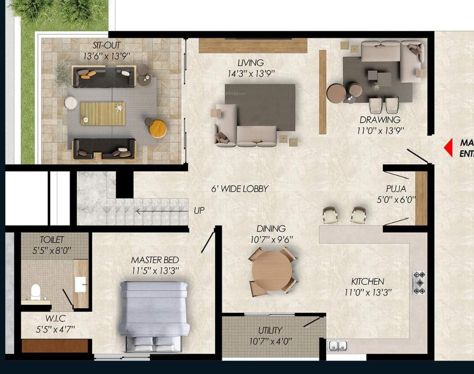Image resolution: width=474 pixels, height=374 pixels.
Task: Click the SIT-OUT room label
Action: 106,45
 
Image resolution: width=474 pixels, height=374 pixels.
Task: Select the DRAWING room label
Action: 380,120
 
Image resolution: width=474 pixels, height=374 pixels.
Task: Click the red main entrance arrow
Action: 448,148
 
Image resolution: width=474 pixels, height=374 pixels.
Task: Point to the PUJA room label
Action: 396,188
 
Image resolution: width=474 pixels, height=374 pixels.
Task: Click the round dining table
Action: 272,271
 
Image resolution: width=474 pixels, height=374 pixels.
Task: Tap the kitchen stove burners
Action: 419,282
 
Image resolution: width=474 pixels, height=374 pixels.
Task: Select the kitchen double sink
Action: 338,346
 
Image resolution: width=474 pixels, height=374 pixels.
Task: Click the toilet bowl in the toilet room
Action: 36,292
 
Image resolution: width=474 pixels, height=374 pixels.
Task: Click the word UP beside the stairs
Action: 200,211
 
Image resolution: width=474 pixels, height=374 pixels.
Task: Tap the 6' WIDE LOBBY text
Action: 239,189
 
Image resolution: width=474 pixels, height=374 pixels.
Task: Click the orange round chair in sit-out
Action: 158,129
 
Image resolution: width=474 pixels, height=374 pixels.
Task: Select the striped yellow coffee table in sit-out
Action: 102,113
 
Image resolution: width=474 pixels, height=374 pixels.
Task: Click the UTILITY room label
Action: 270,330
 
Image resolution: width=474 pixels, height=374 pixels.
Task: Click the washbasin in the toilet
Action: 80,283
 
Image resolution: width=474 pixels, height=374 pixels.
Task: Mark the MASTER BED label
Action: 155,260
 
